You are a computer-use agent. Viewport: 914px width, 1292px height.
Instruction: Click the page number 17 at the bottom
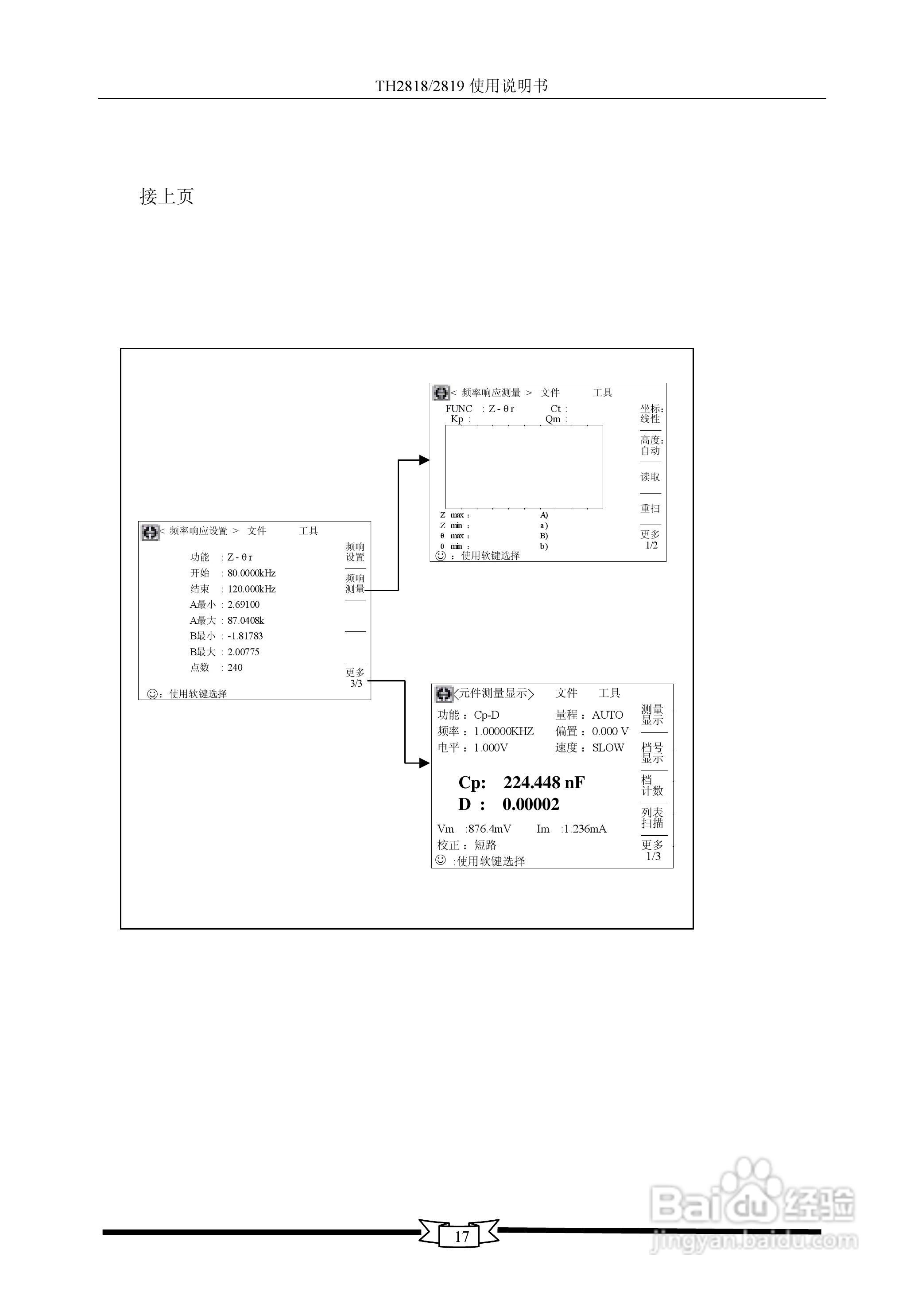461,1236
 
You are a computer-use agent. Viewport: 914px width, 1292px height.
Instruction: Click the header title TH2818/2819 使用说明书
461,86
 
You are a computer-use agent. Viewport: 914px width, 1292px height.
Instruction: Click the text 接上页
167,196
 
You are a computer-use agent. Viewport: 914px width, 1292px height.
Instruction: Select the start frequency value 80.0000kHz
252,573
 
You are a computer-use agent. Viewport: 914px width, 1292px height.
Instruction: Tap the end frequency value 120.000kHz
252,589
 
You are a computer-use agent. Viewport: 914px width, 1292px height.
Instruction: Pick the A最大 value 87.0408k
246,620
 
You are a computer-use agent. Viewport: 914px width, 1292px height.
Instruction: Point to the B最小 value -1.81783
245,636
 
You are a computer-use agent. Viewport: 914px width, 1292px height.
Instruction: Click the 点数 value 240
235,668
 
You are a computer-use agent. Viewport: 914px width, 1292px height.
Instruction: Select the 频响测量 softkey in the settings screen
355,584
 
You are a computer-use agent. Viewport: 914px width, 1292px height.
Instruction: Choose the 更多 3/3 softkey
355,678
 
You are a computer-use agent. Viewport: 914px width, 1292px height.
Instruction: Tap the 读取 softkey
650,477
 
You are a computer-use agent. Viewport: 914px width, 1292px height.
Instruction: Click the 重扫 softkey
650,508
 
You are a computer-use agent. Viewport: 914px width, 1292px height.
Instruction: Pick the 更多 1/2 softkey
651,539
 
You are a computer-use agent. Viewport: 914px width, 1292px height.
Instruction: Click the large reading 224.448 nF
544,782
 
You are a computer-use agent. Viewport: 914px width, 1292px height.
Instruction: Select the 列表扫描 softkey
653,818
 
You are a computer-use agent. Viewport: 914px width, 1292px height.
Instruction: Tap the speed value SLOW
608,747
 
